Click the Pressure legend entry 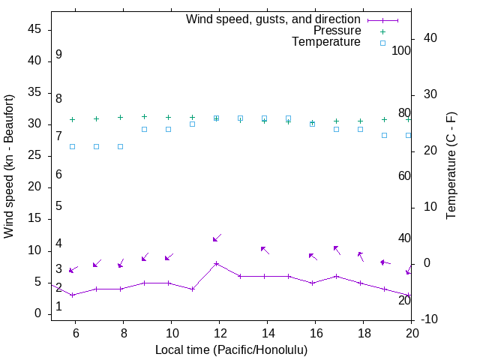click(337, 31)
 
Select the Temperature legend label click(326, 42)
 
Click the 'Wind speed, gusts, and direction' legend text click(274, 19)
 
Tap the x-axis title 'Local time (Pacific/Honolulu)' click(231, 349)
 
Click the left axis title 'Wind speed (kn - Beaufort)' click(9, 166)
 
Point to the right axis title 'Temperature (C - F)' click(451, 166)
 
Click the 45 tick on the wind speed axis click(34, 29)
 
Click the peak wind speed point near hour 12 click(217, 263)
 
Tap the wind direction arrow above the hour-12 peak click(217, 238)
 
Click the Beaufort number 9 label click(58, 55)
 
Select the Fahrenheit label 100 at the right click(401, 51)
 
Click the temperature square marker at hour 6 click(73, 146)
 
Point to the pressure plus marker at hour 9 click(145, 117)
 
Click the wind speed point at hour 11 click(193, 289)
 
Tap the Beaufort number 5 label click(58, 206)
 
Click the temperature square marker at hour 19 click(385, 135)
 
